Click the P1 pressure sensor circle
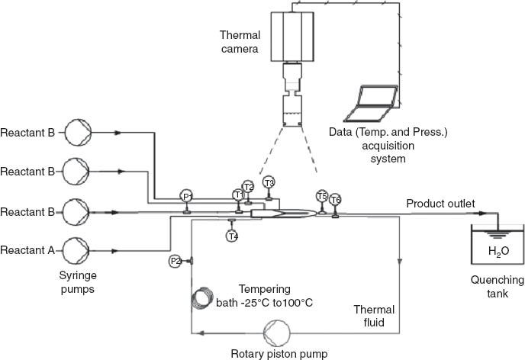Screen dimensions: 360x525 (x=186, y=197)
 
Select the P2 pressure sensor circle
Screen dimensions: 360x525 (x=175, y=261)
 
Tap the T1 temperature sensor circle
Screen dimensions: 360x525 (x=239, y=195)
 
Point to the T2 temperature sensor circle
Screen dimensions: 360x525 (x=248, y=187)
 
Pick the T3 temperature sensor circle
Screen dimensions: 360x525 (x=269, y=182)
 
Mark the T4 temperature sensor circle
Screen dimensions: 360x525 (x=232, y=236)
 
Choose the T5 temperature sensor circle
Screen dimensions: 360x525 (x=322, y=196)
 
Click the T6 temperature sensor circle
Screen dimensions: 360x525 (x=335, y=200)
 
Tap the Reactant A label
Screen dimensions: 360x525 (x=27, y=249)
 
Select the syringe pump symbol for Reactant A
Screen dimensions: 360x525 (x=76, y=249)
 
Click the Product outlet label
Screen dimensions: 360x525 (x=440, y=204)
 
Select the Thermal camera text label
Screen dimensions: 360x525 (x=240, y=43)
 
